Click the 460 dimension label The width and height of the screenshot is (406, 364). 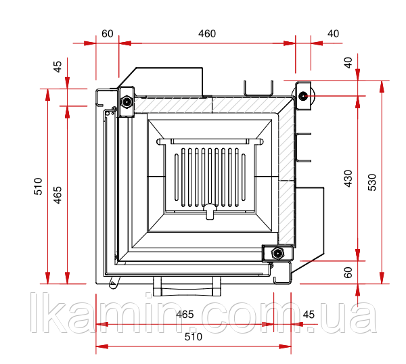[207, 34]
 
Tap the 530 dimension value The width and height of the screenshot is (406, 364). [372, 182]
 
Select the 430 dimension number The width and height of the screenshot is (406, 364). [348, 179]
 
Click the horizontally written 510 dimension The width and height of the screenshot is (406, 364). [194, 337]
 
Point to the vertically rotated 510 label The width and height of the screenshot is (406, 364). [38, 186]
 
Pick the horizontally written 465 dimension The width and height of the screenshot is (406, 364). [185, 315]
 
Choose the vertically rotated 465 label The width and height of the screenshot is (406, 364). [58, 195]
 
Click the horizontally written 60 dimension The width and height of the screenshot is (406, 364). [107, 34]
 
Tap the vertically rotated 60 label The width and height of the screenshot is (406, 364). [348, 273]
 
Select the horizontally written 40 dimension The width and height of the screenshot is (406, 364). [333, 34]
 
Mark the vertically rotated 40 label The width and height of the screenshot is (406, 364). [348, 63]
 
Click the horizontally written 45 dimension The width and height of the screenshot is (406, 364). [309, 315]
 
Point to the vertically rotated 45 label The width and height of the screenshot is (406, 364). [58, 66]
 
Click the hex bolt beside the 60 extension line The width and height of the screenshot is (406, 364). [127, 101]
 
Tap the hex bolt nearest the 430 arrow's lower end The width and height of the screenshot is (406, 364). [277, 253]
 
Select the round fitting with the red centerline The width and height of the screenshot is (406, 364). [302, 96]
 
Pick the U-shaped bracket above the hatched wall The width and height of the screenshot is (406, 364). [258, 89]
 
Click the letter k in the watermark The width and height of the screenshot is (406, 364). [55, 313]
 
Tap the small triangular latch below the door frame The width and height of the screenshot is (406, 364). [114, 282]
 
